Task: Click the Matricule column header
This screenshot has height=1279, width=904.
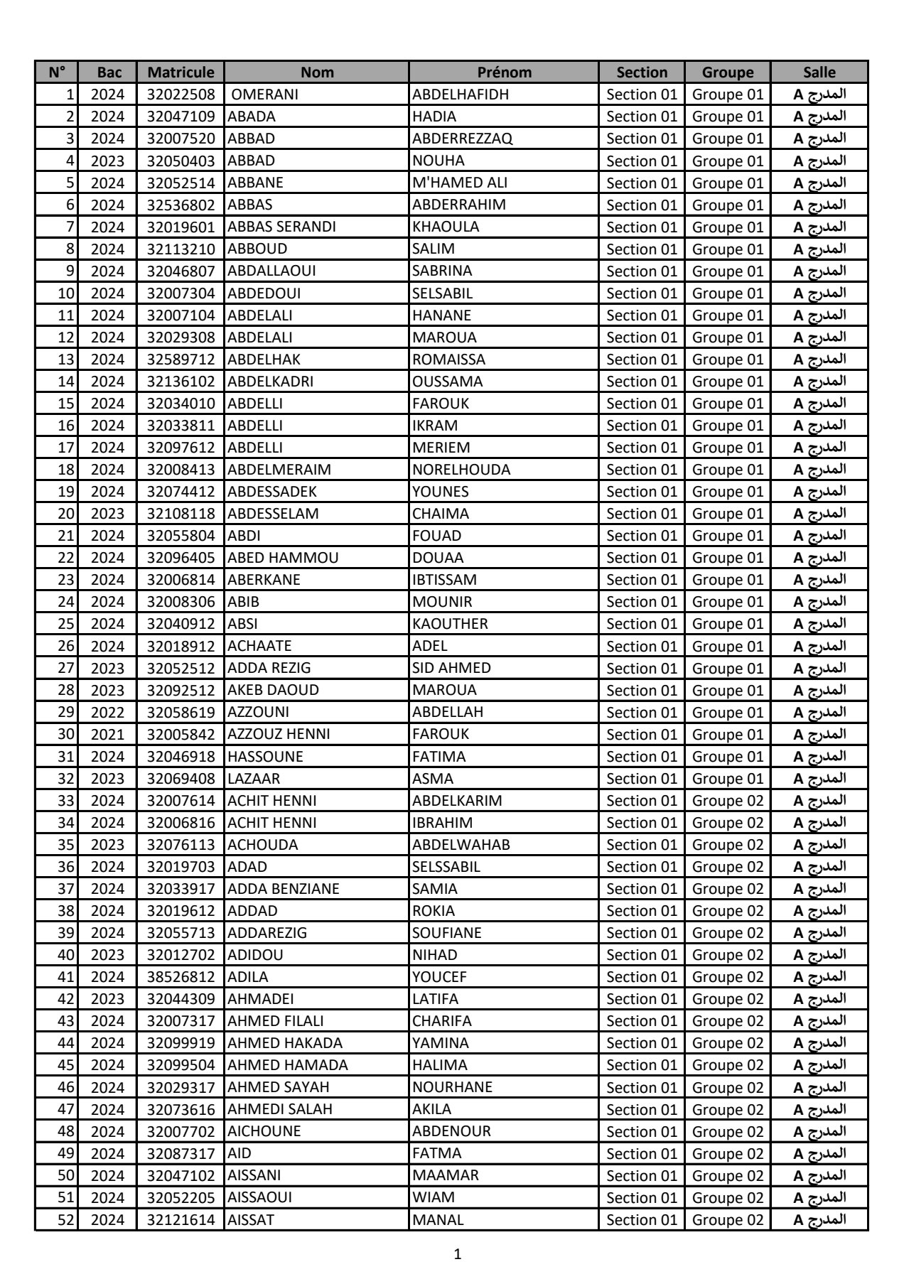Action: (x=181, y=72)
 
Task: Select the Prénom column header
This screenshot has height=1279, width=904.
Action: (x=504, y=72)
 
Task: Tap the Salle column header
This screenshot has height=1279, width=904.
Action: (x=819, y=72)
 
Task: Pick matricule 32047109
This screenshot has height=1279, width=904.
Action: (x=181, y=117)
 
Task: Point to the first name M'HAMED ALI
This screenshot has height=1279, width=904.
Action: (x=460, y=183)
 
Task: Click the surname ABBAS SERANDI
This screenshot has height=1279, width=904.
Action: (x=281, y=227)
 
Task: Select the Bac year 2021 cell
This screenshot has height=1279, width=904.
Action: (x=107, y=734)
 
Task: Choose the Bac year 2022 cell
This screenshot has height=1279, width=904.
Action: (x=107, y=712)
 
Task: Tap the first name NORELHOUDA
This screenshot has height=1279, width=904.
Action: (x=461, y=470)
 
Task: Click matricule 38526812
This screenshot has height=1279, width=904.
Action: (x=181, y=977)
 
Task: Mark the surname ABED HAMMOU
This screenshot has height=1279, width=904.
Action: (x=283, y=558)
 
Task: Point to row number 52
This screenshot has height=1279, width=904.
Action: (x=65, y=1220)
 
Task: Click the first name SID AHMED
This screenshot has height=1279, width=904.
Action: (x=451, y=668)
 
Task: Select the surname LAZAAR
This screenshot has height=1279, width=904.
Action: (x=254, y=779)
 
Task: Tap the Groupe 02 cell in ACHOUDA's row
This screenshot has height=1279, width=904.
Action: (x=727, y=845)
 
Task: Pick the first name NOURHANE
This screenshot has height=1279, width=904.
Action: (x=452, y=1087)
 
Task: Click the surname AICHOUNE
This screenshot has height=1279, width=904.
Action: (x=264, y=1131)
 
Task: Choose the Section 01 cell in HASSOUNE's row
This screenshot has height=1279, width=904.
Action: (x=642, y=757)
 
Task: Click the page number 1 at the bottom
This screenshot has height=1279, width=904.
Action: (x=457, y=1254)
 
